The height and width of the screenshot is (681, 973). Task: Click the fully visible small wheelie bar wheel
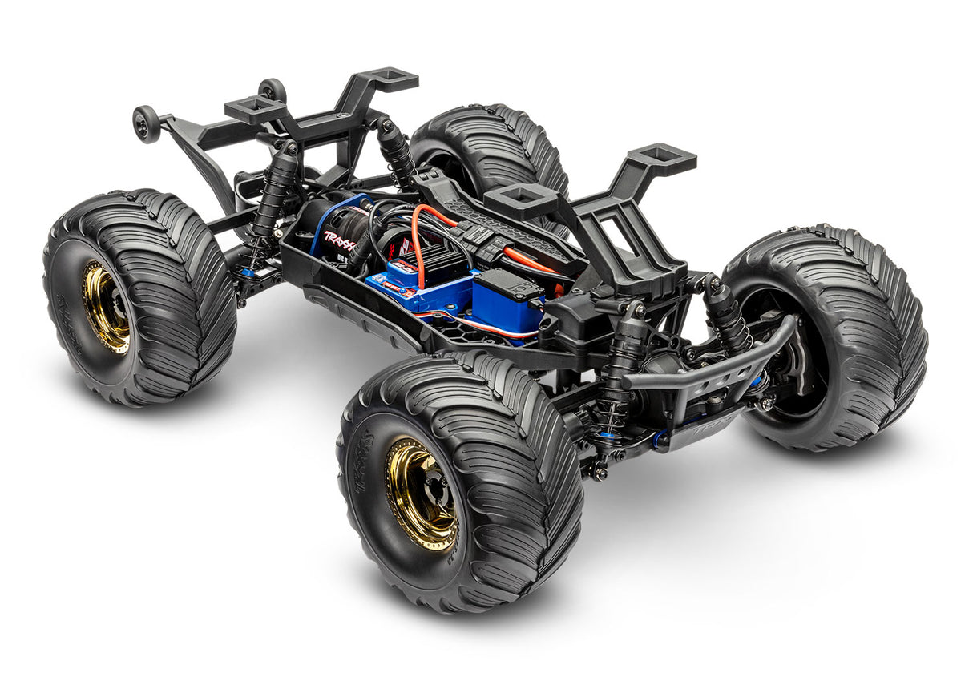point(147,123)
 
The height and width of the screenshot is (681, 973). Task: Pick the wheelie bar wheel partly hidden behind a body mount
point(272,90)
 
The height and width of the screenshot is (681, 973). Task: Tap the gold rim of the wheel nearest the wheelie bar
point(105,306)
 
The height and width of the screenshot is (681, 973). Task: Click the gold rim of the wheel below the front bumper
point(422,493)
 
